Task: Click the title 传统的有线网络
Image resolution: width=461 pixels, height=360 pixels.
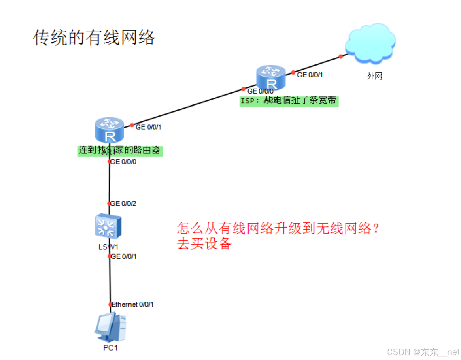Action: [94, 38]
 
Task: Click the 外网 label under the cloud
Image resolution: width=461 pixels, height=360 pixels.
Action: [375, 76]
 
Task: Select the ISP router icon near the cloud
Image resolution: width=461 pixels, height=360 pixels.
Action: [271, 78]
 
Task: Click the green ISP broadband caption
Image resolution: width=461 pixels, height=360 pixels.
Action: [289, 100]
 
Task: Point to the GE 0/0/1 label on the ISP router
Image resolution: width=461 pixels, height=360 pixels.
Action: [310, 75]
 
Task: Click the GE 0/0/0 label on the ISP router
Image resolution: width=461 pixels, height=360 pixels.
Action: [260, 91]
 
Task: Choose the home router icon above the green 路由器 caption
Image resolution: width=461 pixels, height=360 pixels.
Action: [109, 130]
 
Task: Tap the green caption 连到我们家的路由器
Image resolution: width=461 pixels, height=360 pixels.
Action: [120, 151]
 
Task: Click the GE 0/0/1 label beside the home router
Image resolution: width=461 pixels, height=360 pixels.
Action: [149, 127]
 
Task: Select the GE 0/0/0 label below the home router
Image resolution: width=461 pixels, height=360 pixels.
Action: [123, 162]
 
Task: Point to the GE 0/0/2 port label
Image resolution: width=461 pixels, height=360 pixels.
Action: [123, 204]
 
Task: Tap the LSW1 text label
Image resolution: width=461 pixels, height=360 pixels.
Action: [108, 247]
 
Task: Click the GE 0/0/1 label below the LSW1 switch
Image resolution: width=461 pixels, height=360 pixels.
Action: [123, 256]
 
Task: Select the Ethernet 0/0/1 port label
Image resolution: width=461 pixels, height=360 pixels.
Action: [132, 305]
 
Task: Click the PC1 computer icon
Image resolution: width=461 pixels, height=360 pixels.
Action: [110, 327]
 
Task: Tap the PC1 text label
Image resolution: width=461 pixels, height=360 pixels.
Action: [110, 347]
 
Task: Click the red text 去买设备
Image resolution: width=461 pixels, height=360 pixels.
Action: [204, 244]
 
